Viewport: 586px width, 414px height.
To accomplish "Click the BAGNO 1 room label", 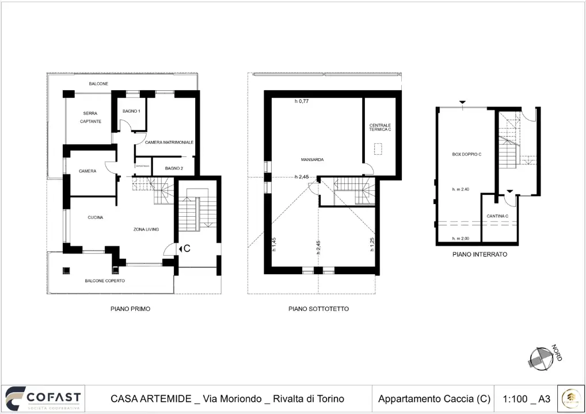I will click(x=132, y=111).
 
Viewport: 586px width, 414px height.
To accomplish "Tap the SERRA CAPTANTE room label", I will click(x=91, y=117).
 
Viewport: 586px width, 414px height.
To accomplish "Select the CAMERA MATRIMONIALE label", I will click(x=169, y=142).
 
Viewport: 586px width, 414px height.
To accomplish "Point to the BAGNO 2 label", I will click(x=174, y=168).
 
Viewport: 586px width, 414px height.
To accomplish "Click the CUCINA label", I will click(x=95, y=217).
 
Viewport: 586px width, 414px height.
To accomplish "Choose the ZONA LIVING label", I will click(x=146, y=229).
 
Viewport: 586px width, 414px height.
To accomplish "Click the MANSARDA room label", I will click(x=311, y=159).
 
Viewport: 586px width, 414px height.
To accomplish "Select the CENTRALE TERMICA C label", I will click(x=380, y=128).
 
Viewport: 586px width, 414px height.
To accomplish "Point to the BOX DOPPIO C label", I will click(x=466, y=155).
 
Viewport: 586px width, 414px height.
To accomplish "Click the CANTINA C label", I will click(x=497, y=216).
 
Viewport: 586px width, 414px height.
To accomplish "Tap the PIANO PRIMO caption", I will click(x=131, y=309).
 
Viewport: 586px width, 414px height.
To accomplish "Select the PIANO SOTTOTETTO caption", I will click(x=318, y=309).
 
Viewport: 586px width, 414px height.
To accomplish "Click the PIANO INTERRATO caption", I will click(x=480, y=254).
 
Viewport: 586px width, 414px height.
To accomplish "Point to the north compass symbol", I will click(x=541, y=357).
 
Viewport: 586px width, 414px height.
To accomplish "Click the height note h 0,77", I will click(x=302, y=101).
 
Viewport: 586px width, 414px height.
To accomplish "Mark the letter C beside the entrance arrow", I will click(x=187, y=249).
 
